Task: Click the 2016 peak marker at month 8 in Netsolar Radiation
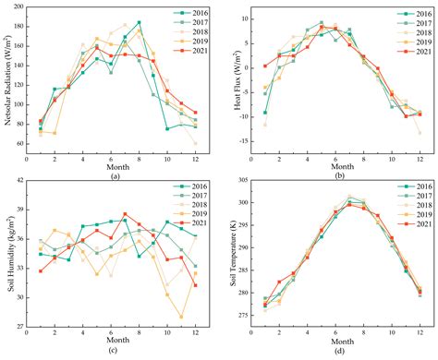click(x=139, y=22)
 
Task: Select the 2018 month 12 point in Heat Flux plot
click(x=420, y=133)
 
